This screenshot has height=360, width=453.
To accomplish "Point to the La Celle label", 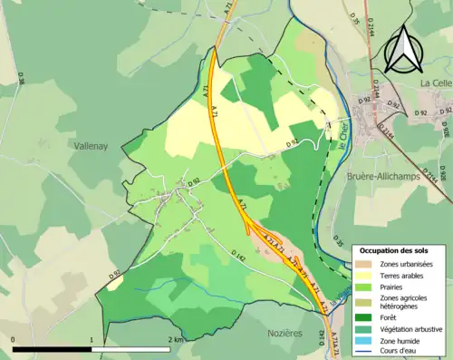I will coord(436,83).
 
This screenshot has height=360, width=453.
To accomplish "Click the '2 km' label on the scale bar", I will coord(176,338).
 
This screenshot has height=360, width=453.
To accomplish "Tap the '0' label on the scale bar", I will coord(14,338).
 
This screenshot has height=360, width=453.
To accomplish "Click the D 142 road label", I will coord(237,257).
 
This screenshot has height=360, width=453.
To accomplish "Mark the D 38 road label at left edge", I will coord(20,79).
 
